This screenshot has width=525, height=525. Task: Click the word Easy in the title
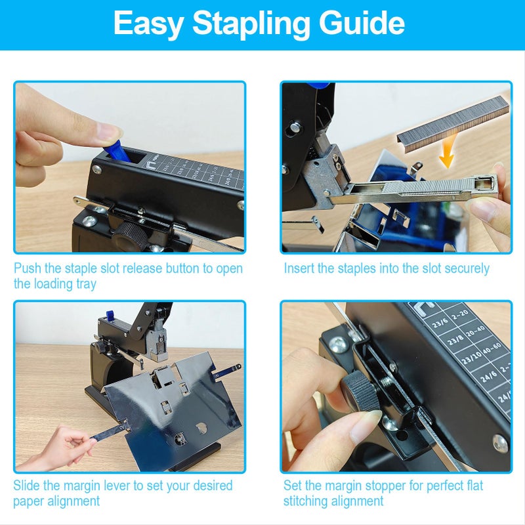pos(150,24)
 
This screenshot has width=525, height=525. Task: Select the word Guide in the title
pos(362,24)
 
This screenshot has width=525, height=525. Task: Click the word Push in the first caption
pos(28,268)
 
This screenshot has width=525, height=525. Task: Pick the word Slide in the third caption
pos(28,486)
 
